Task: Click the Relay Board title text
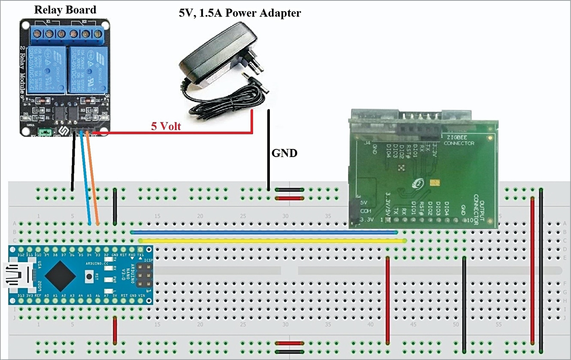tap(65, 9)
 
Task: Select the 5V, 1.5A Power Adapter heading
tap(240, 13)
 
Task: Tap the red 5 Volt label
tap(166, 127)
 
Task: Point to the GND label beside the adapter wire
tap(284, 153)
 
